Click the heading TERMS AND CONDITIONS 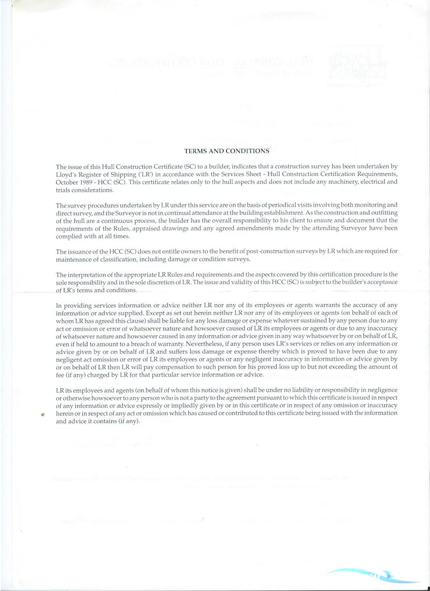pos(226,152)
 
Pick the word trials pos(65,190)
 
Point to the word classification pos(123,260)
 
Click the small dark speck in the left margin pos(43,415)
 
